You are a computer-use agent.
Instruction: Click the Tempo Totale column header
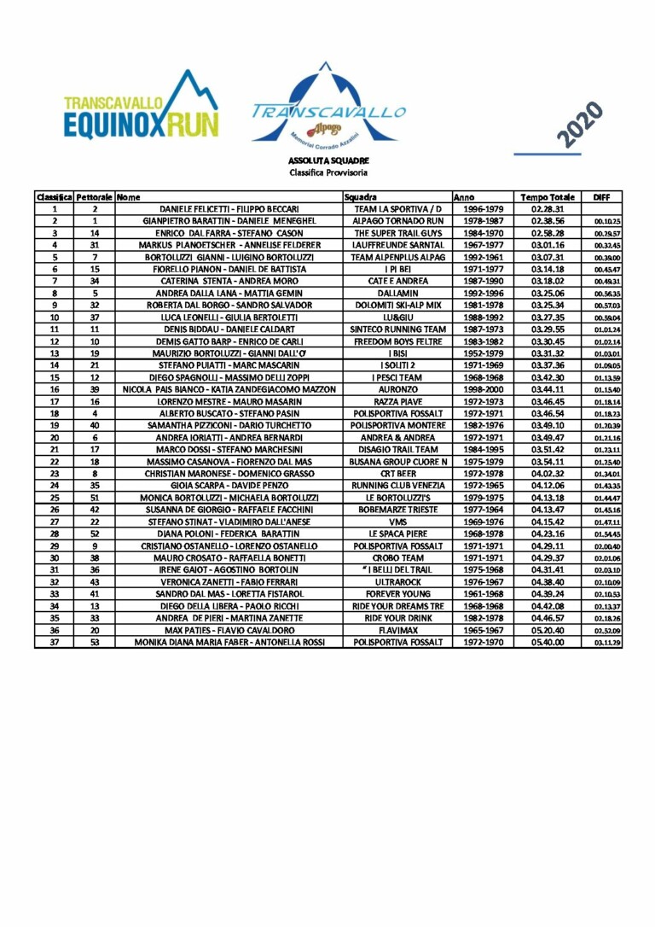click(548, 197)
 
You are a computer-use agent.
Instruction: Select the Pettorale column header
click(95, 197)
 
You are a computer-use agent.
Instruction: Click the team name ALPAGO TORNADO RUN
click(398, 220)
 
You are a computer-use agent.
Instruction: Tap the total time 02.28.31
click(543, 209)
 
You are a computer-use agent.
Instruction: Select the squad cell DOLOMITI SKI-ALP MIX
click(398, 305)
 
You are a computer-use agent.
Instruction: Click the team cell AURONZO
click(398, 389)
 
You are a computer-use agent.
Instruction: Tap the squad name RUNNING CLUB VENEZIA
click(398, 486)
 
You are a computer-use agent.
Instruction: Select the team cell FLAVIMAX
click(398, 630)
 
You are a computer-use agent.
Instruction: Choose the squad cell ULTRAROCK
click(398, 582)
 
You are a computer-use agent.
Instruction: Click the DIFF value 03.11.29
click(606, 643)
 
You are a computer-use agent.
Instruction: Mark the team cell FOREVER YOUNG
click(398, 594)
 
